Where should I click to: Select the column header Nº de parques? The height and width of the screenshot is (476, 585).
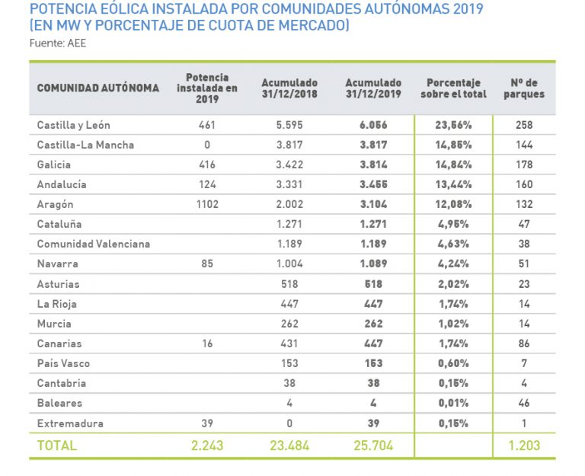pyautogui.click(x=524, y=88)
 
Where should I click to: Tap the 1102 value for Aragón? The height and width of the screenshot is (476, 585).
pyautogui.click(x=207, y=204)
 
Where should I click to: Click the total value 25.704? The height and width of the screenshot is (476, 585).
pyautogui.click(x=373, y=446)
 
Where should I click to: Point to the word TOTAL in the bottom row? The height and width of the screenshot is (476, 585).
pyautogui.click(x=57, y=446)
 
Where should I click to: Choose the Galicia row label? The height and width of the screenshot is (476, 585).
pyautogui.click(x=54, y=165)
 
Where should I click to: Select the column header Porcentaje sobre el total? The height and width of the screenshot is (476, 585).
pyautogui.click(x=453, y=88)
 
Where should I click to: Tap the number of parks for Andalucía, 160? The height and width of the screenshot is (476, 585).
pyautogui.click(x=524, y=184)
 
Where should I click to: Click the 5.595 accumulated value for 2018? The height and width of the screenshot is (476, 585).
pyautogui.click(x=289, y=125)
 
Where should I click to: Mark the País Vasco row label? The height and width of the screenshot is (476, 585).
pyautogui.click(x=64, y=363)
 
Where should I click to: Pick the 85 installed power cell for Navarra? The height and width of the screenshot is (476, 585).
pyautogui.click(x=207, y=264)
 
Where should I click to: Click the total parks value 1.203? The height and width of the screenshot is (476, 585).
pyautogui.click(x=524, y=446)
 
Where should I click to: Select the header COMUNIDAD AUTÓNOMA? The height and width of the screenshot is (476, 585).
pyautogui.click(x=98, y=88)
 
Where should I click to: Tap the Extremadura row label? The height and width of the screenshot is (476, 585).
pyautogui.click(x=70, y=423)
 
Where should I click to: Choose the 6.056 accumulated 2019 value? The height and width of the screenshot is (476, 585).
pyautogui.click(x=373, y=125)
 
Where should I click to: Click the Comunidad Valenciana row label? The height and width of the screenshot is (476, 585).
pyautogui.click(x=94, y=244)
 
